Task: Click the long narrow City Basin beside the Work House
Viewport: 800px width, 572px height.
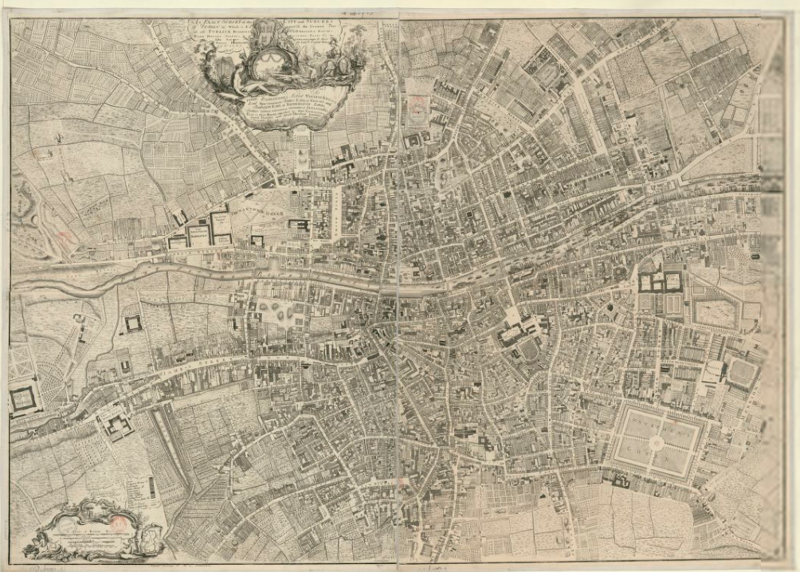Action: tap(171, 446)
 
